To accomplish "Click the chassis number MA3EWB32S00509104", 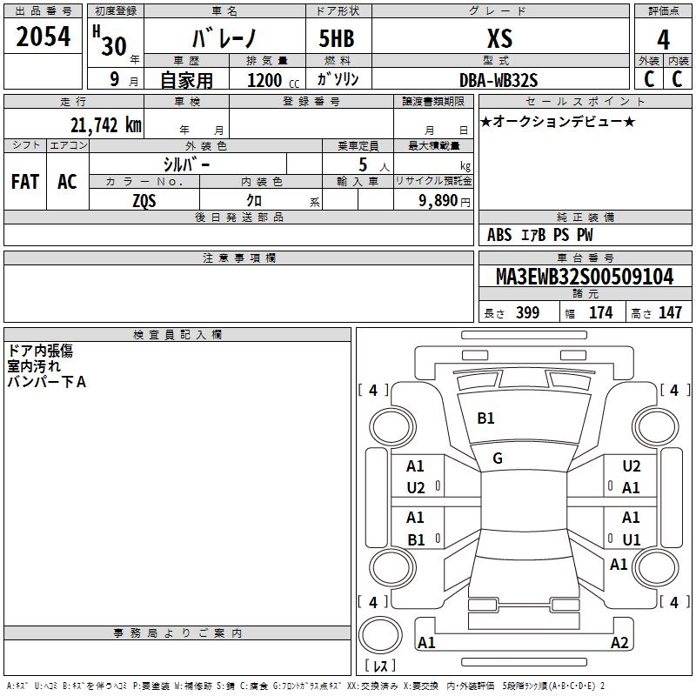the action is click(585, 278).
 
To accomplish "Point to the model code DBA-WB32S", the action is click(499, 80).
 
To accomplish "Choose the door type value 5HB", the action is click(337, 39).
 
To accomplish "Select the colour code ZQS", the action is click(144, 199).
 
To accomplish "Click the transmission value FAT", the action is click(25, 182).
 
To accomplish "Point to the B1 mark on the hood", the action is click(485, 418).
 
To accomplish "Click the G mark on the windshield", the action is click(498, 458).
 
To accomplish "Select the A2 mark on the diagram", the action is click(619, 643).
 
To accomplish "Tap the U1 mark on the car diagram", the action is click(631, 539).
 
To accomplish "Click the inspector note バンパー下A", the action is click(47, 381).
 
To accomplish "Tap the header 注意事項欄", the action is click(238, 258).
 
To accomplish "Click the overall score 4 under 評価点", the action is click(664, 39).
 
